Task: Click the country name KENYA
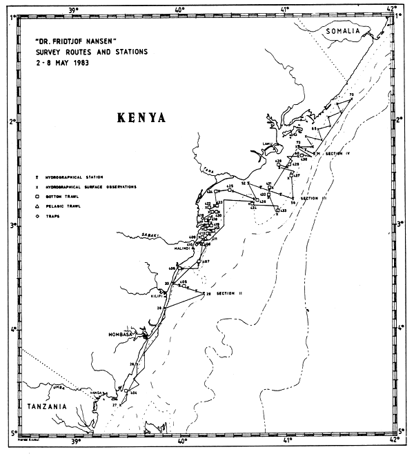tap(137, 117)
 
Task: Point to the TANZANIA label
tap(45, 406)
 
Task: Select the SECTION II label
tap(230, 294)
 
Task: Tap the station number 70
tap(351, 95)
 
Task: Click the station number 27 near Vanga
tap(115, 405)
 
